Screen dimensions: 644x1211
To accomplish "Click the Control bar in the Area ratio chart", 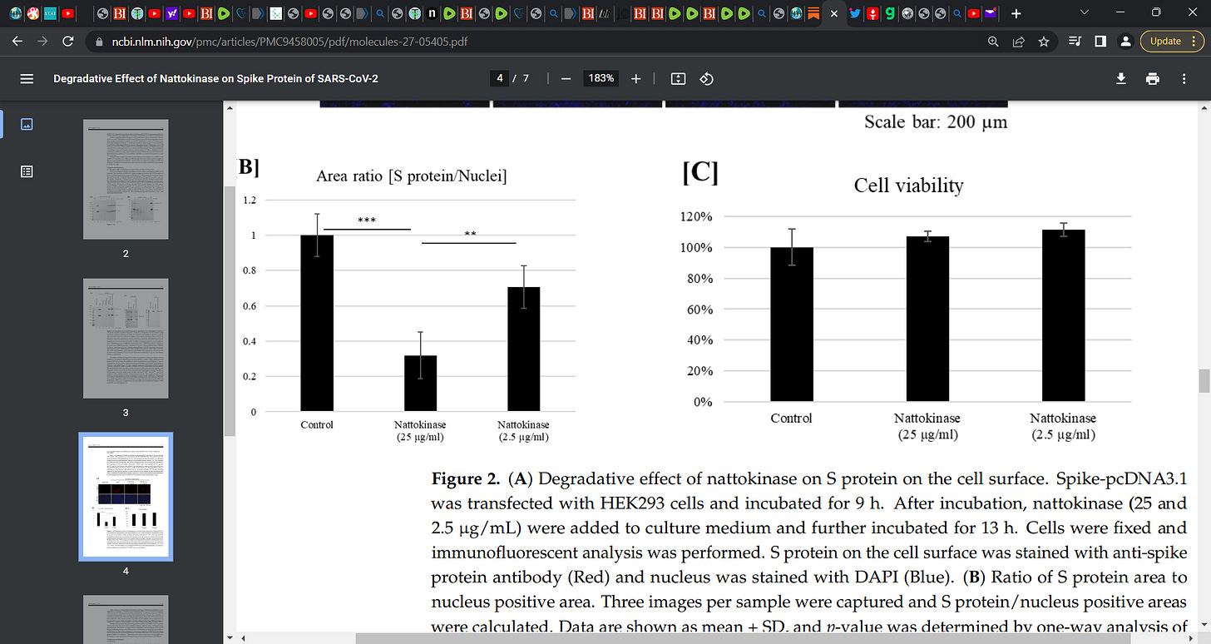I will click(316, 324).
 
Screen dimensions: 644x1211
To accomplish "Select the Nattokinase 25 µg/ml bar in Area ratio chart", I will click(420, 384).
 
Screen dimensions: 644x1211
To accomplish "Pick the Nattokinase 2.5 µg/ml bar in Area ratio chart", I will click(523, 349).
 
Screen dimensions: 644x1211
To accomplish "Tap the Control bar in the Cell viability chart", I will click(791, 324).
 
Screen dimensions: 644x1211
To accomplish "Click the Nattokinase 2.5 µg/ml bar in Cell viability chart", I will click(1062, 316).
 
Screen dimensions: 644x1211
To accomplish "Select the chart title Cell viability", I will click(908, 185).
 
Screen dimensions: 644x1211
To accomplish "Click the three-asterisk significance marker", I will click(366, 220).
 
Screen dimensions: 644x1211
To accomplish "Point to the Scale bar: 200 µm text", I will click(935, 122).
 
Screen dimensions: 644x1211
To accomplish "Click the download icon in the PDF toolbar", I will click(1121, 78).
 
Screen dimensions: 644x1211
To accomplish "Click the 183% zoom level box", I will click(601, 78).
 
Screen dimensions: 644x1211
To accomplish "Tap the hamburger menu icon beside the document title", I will click(27, 78).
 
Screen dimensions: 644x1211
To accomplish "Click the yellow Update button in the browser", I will click(1171, 41).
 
